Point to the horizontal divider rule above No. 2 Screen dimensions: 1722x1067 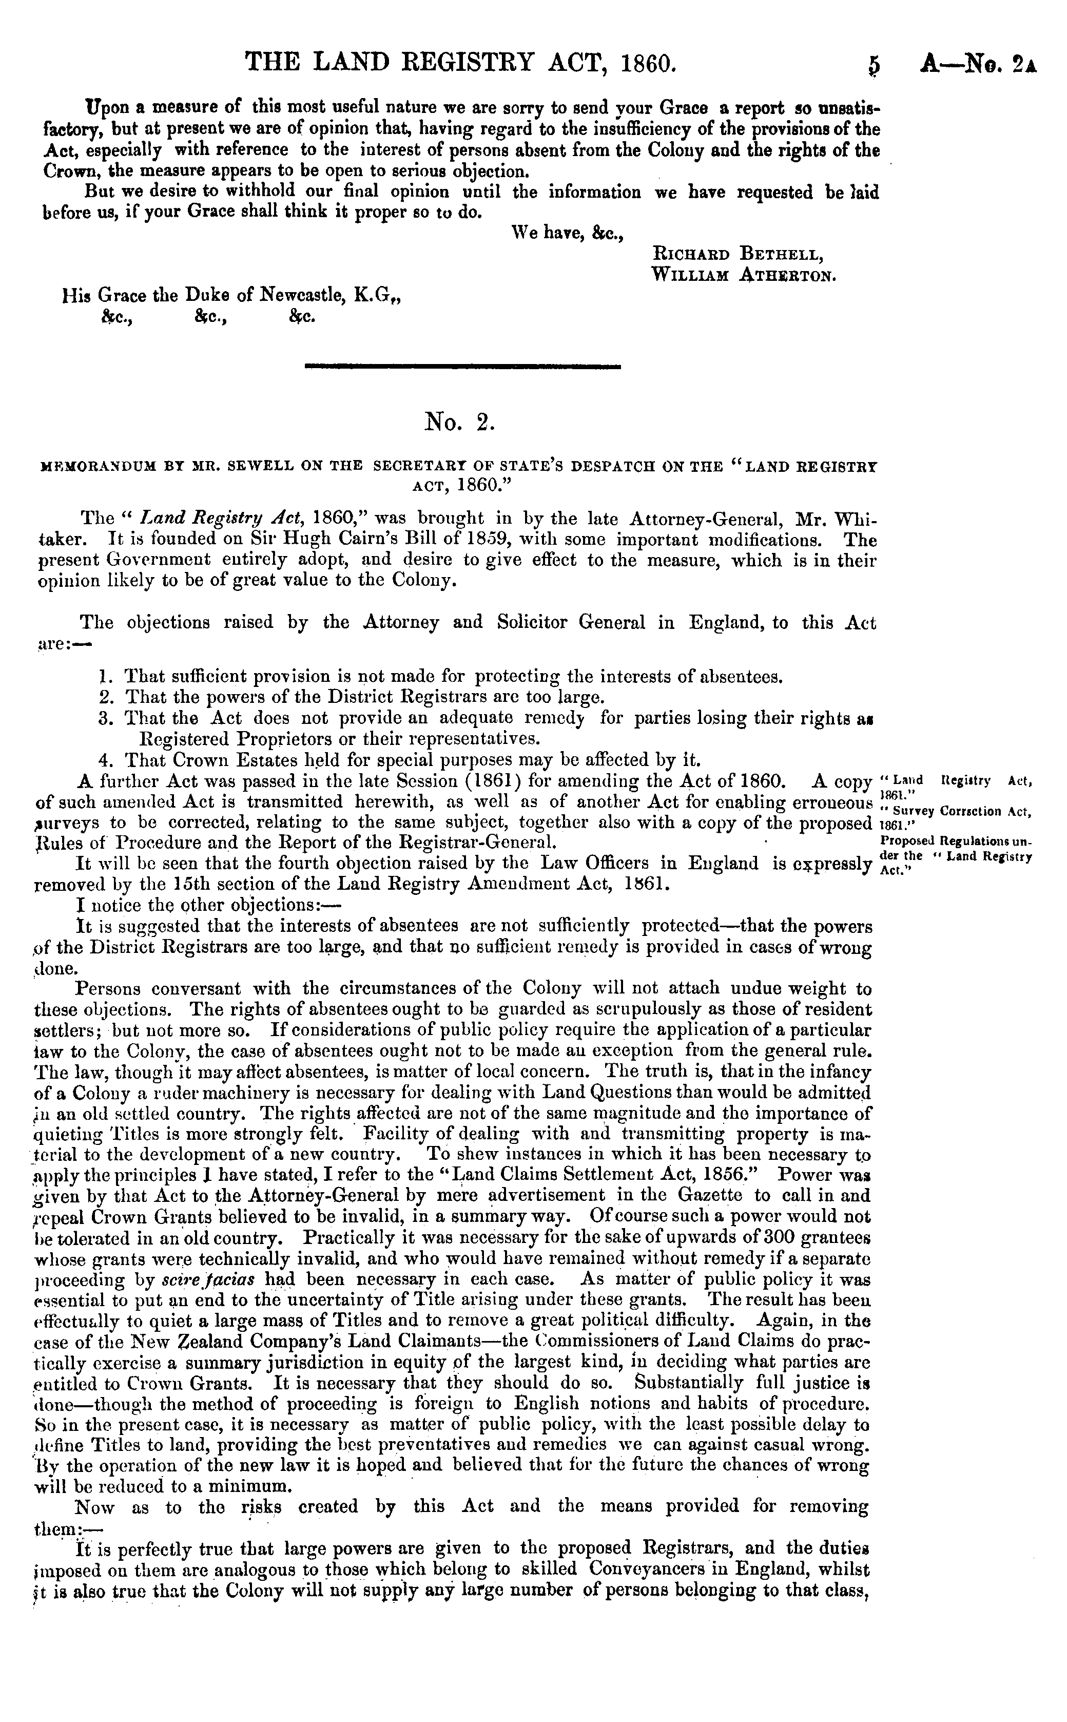tap(461, 366)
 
